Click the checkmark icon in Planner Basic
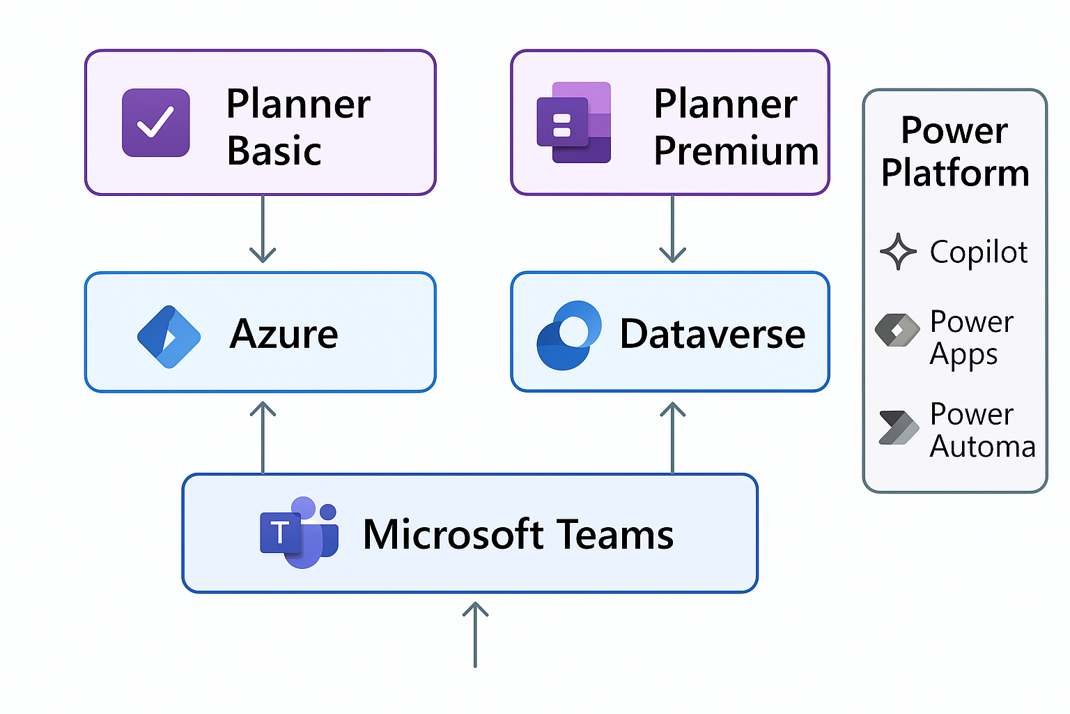155,123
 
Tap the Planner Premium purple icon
573,123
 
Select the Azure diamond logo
169,337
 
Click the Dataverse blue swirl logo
568,335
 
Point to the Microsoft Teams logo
300,533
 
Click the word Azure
284,334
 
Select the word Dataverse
712,334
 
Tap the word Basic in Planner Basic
274,151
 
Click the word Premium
736,151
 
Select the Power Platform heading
954,151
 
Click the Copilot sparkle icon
898,252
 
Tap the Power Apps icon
897,330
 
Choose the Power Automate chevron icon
898,427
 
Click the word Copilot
978,252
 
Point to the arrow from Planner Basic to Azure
263,230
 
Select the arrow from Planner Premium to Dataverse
672,230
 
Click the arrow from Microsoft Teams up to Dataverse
672,437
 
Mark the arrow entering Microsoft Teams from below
475,635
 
